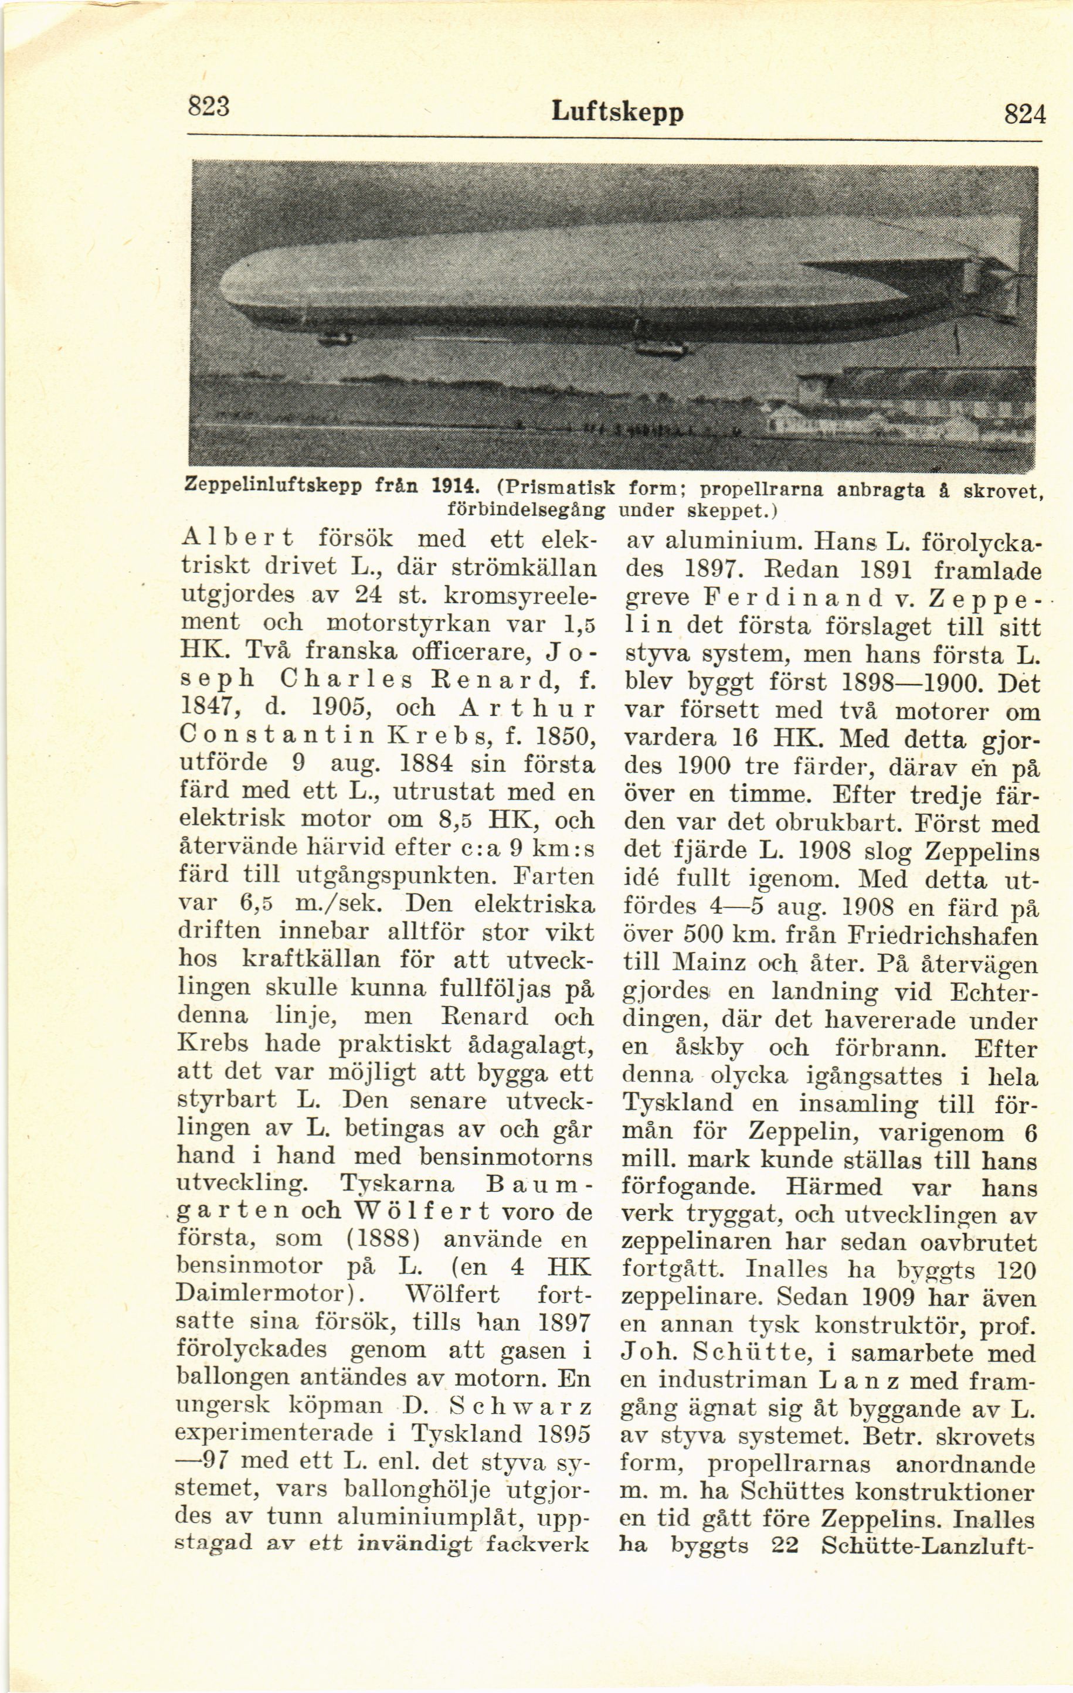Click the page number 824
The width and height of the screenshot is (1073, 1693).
pyautogui.click(x=1024, y=113)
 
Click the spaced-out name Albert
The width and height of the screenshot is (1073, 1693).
pyautogui.click(x=237, y=539)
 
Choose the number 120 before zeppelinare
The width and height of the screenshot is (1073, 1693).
pyautogui.click(x=1016, y=1270)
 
